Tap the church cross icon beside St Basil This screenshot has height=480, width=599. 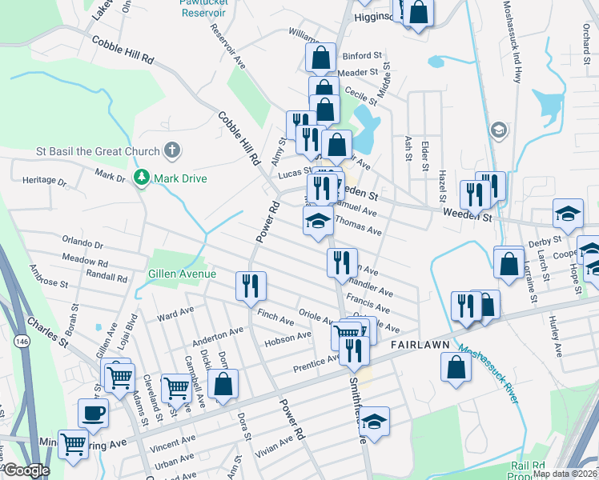(171, 150)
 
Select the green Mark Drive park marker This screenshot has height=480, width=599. (143, 177)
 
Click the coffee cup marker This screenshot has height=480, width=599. (93, 414)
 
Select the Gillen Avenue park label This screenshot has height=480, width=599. (182, 274)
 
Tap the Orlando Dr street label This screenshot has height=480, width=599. (83, 243)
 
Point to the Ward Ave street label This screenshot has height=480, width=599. (175, 310)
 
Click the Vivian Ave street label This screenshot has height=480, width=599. (275, 444)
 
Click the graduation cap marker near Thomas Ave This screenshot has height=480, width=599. (318, 221)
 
